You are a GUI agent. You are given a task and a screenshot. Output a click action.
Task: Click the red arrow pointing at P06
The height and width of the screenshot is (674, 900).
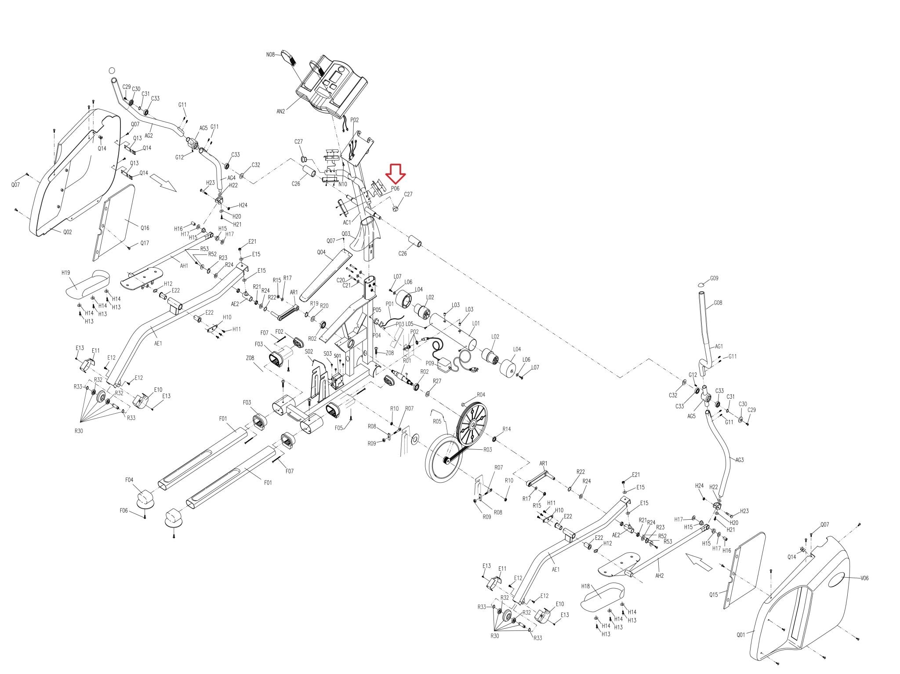[x=396, y=174]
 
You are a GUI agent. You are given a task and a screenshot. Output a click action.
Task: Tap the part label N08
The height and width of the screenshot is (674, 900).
[x=270, y=55]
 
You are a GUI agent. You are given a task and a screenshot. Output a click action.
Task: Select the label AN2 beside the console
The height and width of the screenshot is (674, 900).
[x=281, y=111]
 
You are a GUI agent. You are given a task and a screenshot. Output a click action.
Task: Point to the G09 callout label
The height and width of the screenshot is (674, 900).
[x=714, y=278]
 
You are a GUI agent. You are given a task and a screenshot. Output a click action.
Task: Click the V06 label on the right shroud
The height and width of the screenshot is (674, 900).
[x=864, y=578]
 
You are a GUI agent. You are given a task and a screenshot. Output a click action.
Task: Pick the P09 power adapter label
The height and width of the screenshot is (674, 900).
[x=429, y=363]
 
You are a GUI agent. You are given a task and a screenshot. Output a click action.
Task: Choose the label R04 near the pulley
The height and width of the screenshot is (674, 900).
[x=481, y=394]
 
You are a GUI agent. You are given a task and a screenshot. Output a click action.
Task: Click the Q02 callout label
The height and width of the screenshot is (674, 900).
[x=67, y=232]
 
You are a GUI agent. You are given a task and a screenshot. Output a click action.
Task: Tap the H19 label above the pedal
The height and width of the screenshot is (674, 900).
[x=65, y=273]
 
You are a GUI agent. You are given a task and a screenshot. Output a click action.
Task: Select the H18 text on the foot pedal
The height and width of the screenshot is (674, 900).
[x=585, y=586]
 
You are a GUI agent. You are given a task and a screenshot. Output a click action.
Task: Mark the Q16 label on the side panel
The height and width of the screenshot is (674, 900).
[x=145, y=228]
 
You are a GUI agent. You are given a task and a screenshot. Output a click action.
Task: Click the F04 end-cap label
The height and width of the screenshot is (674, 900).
[x=129, y=480]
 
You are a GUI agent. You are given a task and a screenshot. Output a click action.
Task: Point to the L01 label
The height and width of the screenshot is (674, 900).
[x=475, y=323]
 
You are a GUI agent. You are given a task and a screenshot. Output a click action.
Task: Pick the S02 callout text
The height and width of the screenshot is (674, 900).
[x=308, y=352]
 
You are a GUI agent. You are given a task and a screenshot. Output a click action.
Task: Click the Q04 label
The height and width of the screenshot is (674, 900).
[x=321, y=252]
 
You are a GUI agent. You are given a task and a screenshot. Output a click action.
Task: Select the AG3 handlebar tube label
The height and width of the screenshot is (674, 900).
[x=739, y=460]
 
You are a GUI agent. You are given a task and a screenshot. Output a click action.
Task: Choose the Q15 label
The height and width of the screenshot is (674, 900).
[x=713, y=595]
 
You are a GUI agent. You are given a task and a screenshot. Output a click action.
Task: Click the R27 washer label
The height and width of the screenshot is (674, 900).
[x=437, y=381]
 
